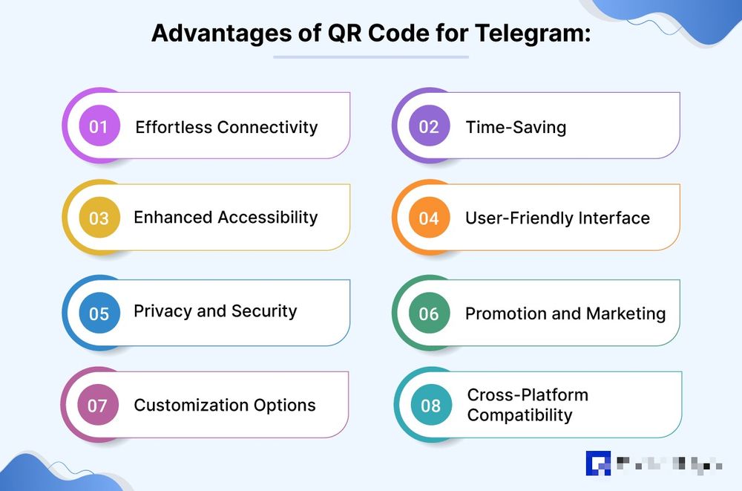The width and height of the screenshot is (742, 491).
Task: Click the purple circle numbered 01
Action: (99, 126)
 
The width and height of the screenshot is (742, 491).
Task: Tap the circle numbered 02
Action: (429, 126)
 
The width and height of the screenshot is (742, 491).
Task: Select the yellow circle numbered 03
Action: (99, 218)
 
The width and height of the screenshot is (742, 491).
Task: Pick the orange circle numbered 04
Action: (429, 218)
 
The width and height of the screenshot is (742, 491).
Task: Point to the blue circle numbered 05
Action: (99, 313)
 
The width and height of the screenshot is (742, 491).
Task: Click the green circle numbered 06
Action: (429, 313)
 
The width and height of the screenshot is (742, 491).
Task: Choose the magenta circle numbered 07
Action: (98, 406)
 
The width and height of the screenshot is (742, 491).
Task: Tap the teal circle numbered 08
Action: (430, 406)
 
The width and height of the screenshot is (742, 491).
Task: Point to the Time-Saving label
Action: (516, 127)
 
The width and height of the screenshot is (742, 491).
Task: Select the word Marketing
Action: (625, 313)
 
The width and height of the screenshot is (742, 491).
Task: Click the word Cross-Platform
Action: (528, 395)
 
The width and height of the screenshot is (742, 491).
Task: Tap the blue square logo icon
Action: (598, 463)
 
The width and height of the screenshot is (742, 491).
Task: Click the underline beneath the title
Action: (371, 56)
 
